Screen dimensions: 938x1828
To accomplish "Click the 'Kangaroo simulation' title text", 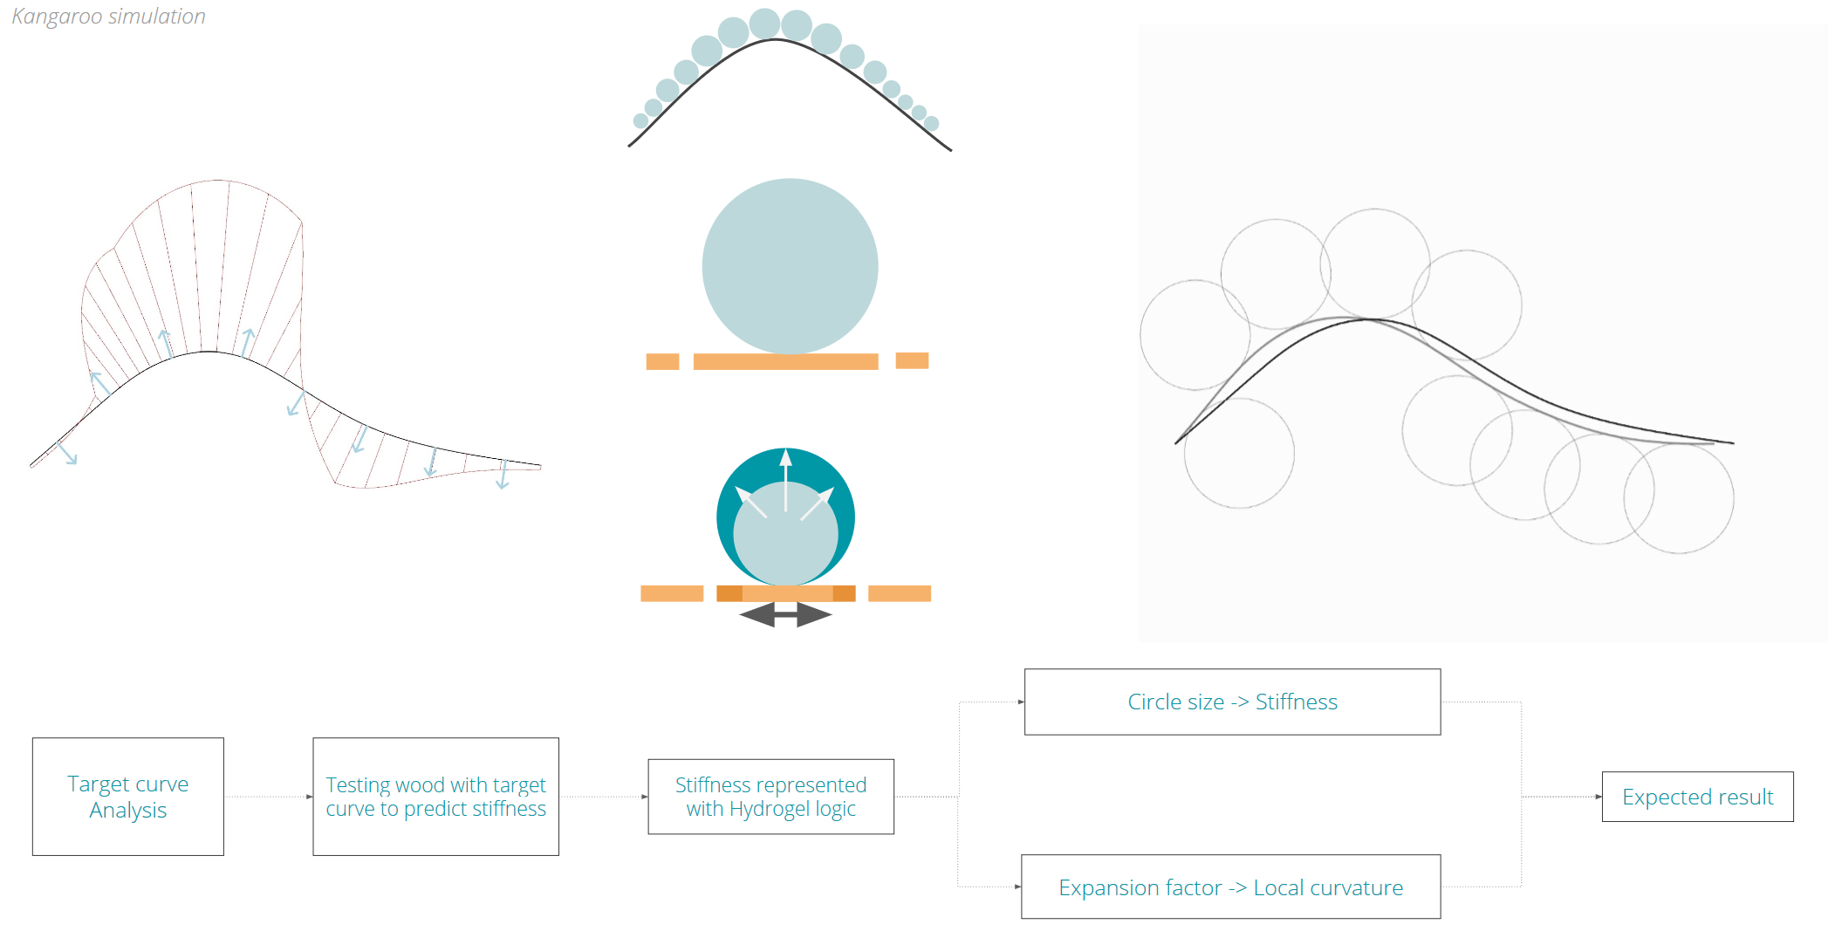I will pyautogui.click(x=108, y=17).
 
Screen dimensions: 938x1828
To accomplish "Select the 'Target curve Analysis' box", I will pyautogui.click(x=128, y=797).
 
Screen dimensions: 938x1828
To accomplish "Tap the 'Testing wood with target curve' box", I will pyautogui.click(x=435, y=797).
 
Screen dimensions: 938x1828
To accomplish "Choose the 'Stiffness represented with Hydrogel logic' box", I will pyautogui.click(x=770, y=797).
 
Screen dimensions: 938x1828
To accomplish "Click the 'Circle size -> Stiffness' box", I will pyautogui.click(x=1232, y=702).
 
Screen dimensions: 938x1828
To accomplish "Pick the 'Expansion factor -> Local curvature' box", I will pyautogui.click(x=1230, y=887).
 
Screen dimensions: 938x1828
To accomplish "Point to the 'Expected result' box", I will pyautogui.click(x=1697, y=797).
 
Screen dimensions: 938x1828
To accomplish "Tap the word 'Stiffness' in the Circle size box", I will pyautogui.click(x=1296, y=702).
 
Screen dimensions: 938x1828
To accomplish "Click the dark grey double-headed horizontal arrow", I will pyautogui.click(x=785, y=615).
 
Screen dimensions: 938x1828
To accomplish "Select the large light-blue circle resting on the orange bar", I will pyautogui.click(x=790, y=266).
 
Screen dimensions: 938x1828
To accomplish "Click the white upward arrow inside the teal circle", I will pyautogui.click(x=785, y=476).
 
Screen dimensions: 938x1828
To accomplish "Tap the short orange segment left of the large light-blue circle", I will pyautogui.click(x=662, y=361).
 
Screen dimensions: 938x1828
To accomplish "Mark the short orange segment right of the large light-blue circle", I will pyautogui.click(x=912, y=360).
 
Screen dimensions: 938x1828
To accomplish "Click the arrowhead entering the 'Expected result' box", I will pyautogui.click(x=1598, y=797).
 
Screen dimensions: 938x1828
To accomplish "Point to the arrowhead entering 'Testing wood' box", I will pyautogui.click(x=309, y=797).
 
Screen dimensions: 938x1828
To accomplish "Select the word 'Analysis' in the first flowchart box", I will pyautogui.click(x=128, y=811).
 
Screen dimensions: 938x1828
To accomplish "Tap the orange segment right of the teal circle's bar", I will pyautogui.click(x=900, y=593).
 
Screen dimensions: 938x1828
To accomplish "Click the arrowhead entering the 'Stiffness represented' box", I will pyautogui.click(x=644, y=797).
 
